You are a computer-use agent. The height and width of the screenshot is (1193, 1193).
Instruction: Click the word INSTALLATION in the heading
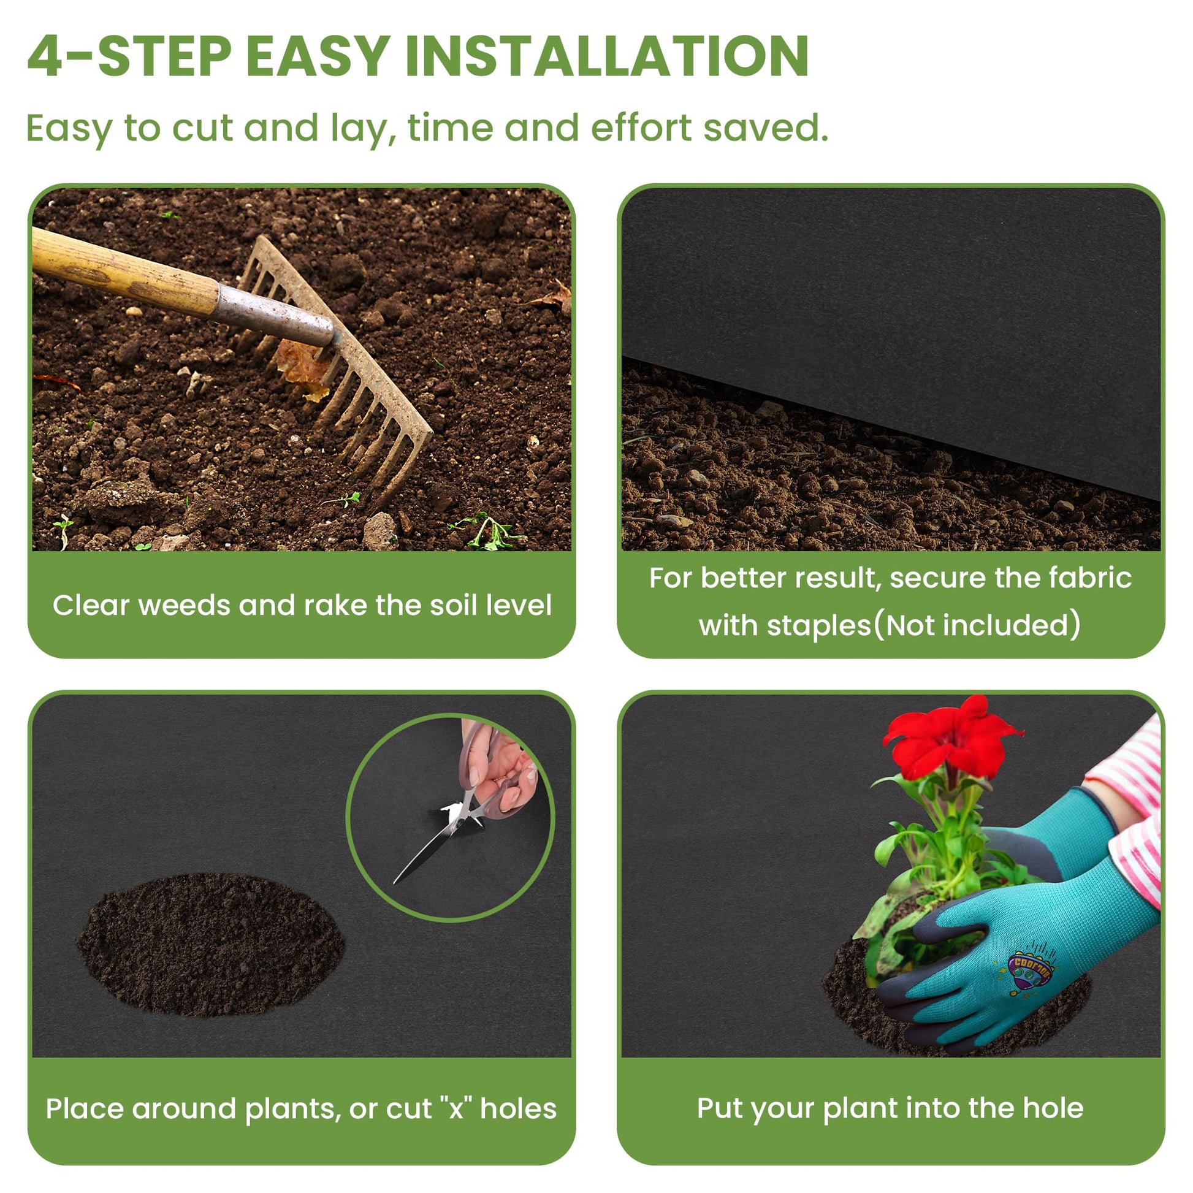(606, 56)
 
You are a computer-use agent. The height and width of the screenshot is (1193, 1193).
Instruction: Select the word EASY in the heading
(318, 56)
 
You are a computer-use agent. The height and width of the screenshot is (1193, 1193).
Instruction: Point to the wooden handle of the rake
(123, 272)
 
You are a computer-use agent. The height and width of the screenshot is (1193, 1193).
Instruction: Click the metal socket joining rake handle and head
(275, 316)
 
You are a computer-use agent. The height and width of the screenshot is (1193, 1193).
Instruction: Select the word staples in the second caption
(818, 626)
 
